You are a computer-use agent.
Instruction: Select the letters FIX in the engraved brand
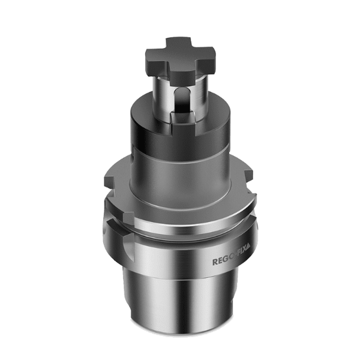[x=241, y=262]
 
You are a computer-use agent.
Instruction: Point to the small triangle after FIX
[x=251, y=262]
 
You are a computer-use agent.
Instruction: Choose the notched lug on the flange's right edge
[x=248, y=177]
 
